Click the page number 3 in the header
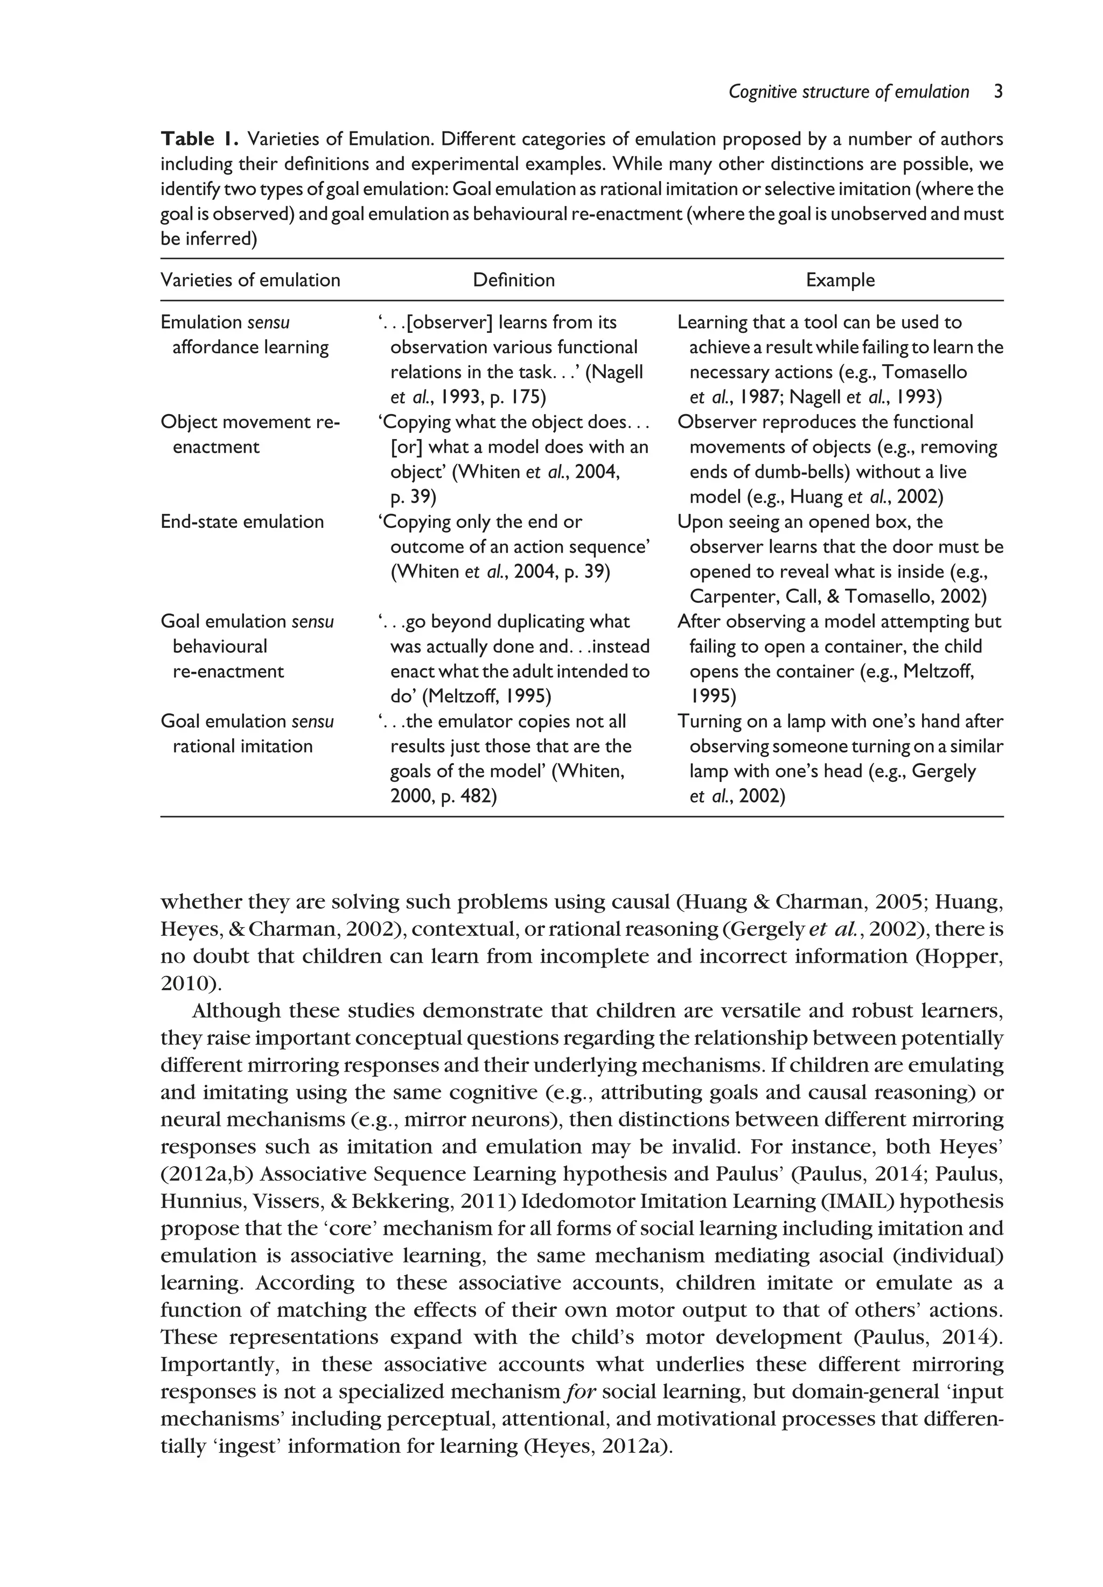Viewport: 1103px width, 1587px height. coord(998,92)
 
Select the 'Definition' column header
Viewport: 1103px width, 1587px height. coord(513,280)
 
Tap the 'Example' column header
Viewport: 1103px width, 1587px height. coord(840,280)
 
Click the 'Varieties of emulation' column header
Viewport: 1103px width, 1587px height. coord(250,280)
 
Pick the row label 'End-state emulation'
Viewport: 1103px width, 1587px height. coord(242,522)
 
